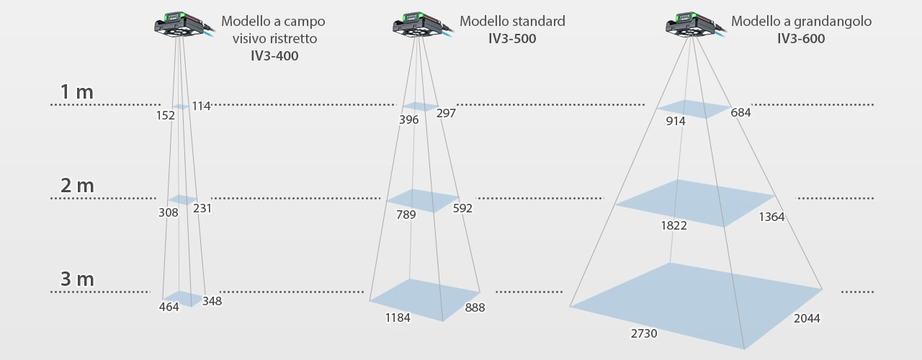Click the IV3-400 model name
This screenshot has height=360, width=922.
[x=269, y=55]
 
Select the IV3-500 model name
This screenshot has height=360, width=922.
[x=512, y=39]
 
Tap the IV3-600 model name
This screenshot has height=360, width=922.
[x=801, y=39]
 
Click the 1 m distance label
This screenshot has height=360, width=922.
[x=77, y=92]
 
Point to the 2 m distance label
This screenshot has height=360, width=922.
[x=77, y=186]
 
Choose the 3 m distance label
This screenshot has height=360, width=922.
[x=77, y=279]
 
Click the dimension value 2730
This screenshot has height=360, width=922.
[x=643, y=333]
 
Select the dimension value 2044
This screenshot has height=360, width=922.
[x=807, y=318]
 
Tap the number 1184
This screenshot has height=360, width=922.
[x=398, y=317]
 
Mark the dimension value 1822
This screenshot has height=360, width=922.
[x=673, y=225]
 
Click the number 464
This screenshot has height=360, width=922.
[x=169, y=307]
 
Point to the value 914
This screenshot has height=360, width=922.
[x=676, y=121]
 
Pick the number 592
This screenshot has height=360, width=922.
[x=462, y=208]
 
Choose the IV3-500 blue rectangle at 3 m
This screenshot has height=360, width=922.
[x=425, y=298]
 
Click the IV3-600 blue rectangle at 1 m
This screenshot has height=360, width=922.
[x=694, y=109]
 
